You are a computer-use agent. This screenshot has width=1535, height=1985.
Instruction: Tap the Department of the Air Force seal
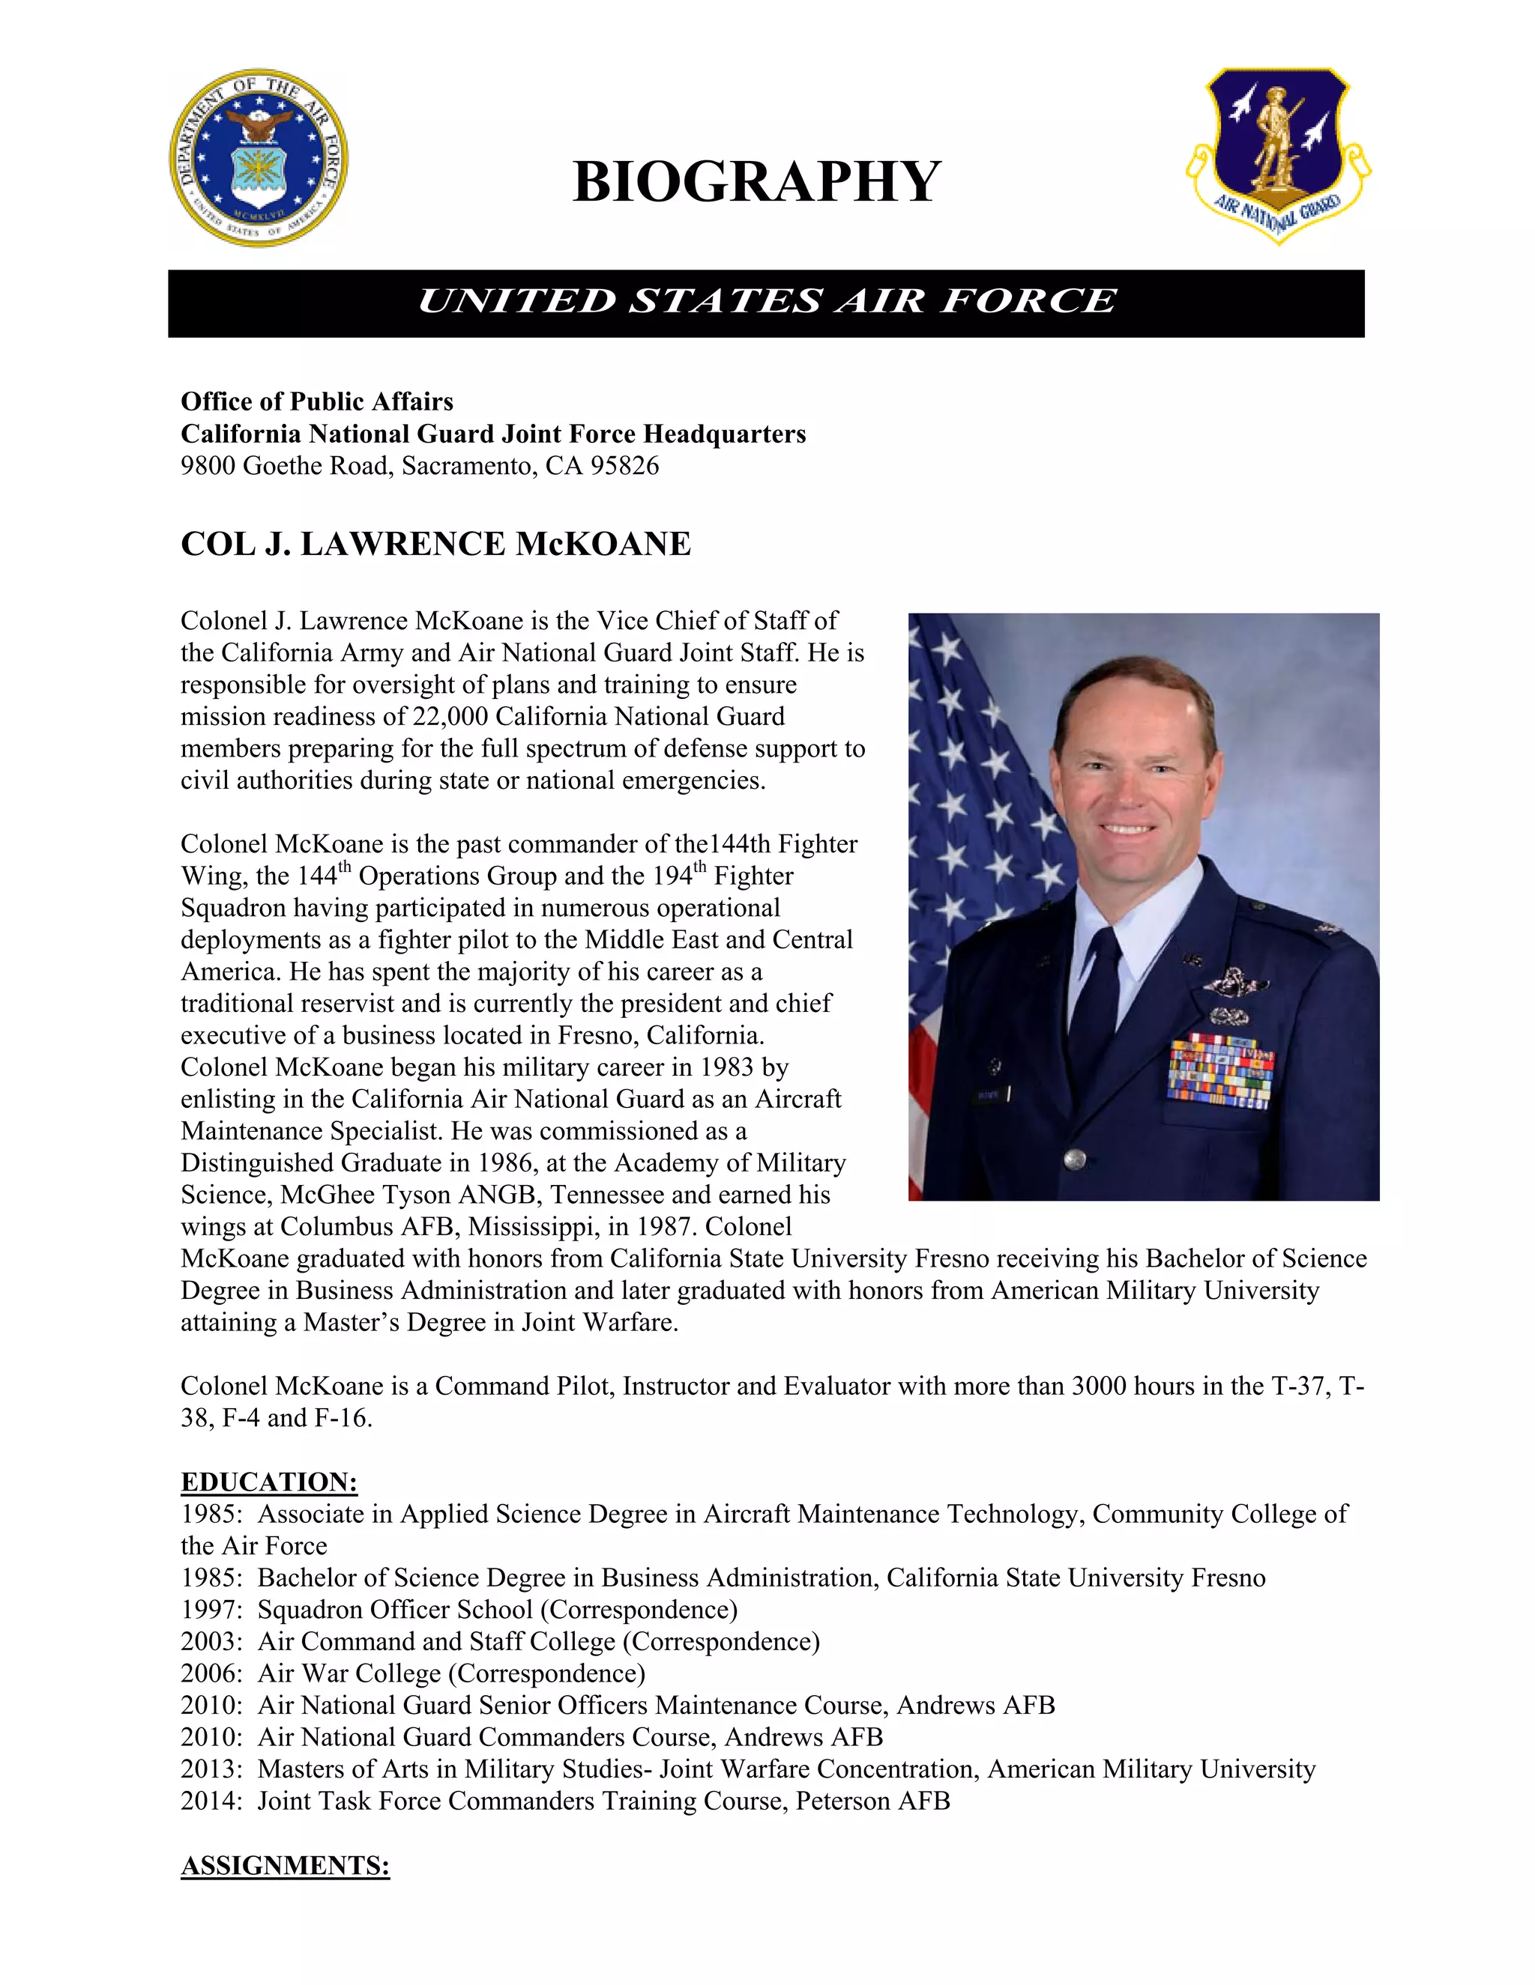[259, 158]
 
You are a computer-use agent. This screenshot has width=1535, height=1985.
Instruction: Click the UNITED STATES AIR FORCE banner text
[766, 302]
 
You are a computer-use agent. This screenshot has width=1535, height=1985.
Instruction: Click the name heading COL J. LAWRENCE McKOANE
[435, 544]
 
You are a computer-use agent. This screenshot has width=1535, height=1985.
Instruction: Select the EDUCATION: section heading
[269, 1482]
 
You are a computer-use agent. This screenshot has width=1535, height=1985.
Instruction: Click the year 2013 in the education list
[209, 1769]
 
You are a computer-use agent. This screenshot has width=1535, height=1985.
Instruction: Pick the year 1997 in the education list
[209, 1610]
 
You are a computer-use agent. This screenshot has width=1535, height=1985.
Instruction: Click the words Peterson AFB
[872, 1801]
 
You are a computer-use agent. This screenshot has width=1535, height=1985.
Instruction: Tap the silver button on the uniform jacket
[1074, 1158]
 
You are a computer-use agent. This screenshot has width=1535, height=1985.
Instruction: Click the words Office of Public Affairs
[316, 401]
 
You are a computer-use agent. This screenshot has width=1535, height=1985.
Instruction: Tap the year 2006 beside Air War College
[209, 1673]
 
